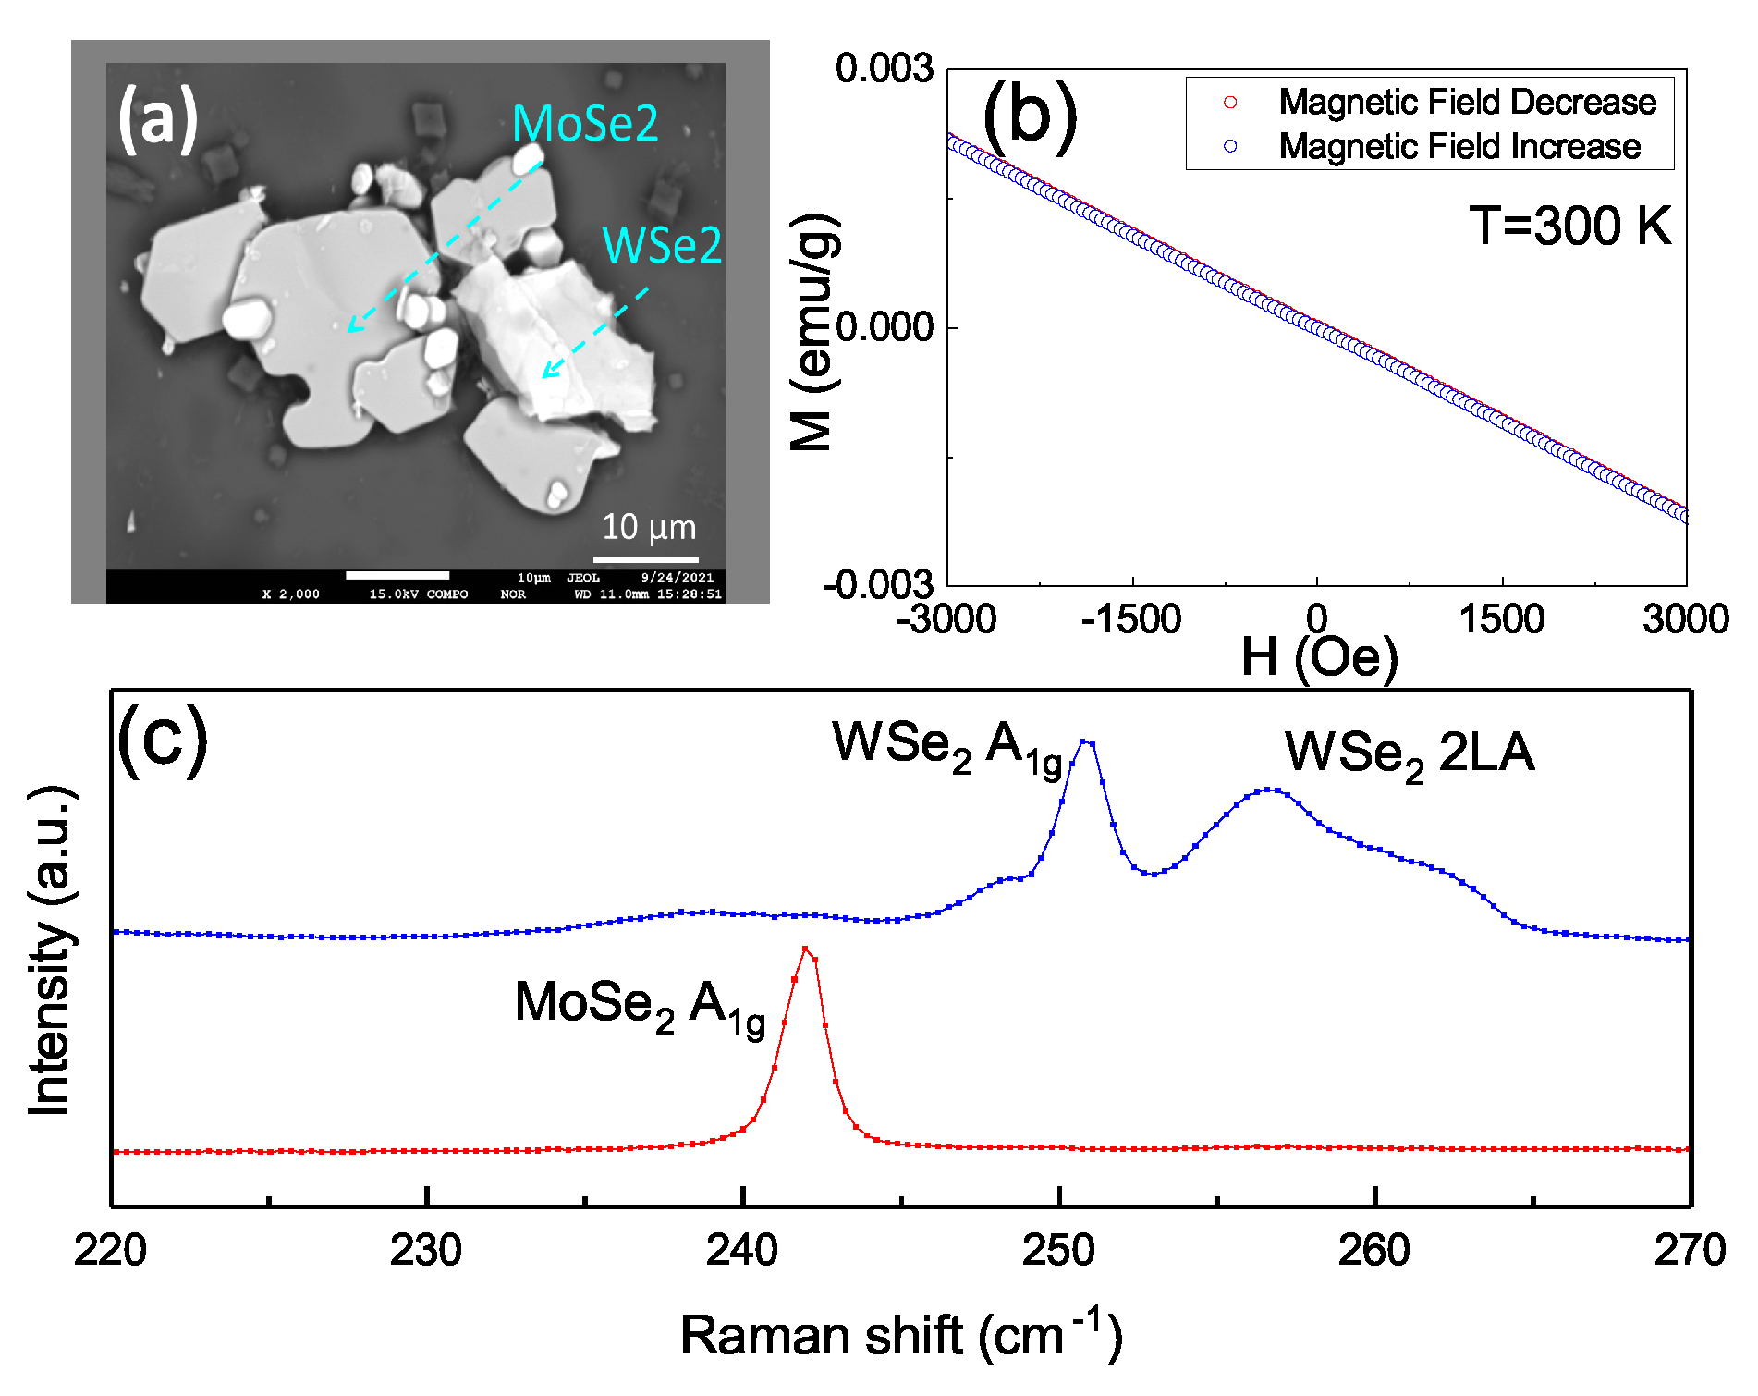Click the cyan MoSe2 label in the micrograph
[x=585, y=123]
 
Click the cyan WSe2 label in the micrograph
[x=662, y=245]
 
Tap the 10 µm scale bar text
[x=649, y=527]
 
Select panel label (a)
[x=158, y=118]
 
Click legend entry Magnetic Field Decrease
[x=1467, y=102]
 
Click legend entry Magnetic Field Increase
[x=1459, y=146]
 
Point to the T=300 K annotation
[x=1569, y=226]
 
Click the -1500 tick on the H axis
[x=1131, y=618]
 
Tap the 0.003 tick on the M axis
[x=885, y=68]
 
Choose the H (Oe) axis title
[x=1319, y=657]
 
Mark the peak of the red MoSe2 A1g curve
[x=805, y=949]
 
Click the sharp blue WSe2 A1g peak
[x=1086, y=741]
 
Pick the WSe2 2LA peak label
[x=1409, y=753]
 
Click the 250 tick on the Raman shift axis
[x=1058, y=1250]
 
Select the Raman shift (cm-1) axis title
[x=901, y=1334]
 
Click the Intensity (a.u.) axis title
[x=50, y=950]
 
